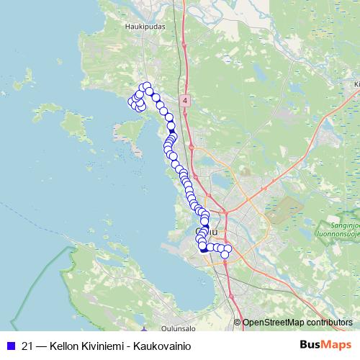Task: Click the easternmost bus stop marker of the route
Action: (x=228, y=249)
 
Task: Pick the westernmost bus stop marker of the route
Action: (x=132, y=102)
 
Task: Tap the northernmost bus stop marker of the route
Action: (x=147, y=87)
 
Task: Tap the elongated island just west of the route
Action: (x=130, y=132)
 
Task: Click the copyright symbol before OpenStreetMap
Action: (x=238, y=322)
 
